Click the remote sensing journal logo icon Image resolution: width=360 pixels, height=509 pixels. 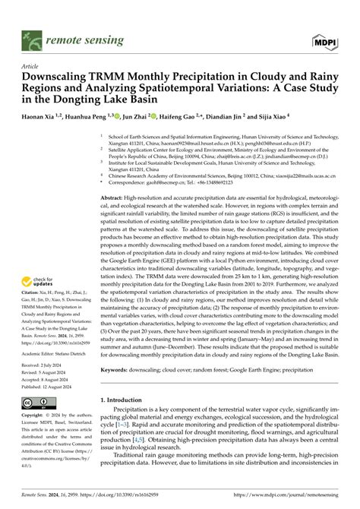(x=29, y=36)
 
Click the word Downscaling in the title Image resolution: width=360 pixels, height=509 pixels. (x=61, y=77)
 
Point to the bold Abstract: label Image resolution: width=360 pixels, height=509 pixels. (x=115, y=196)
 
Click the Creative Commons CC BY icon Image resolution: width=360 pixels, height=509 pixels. (x=39, y=403)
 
